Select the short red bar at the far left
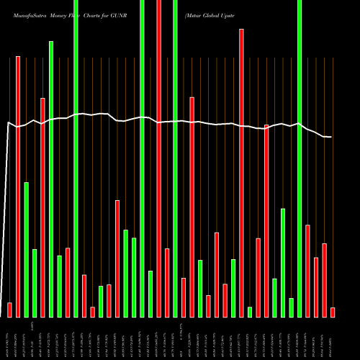pos(9,310)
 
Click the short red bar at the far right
pos(333,312)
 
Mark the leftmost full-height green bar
pos(76,158)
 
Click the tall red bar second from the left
pos(18,186)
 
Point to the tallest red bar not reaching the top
pos(241,173)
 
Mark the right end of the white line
pos(330,137)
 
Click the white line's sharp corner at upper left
pos(8,122)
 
